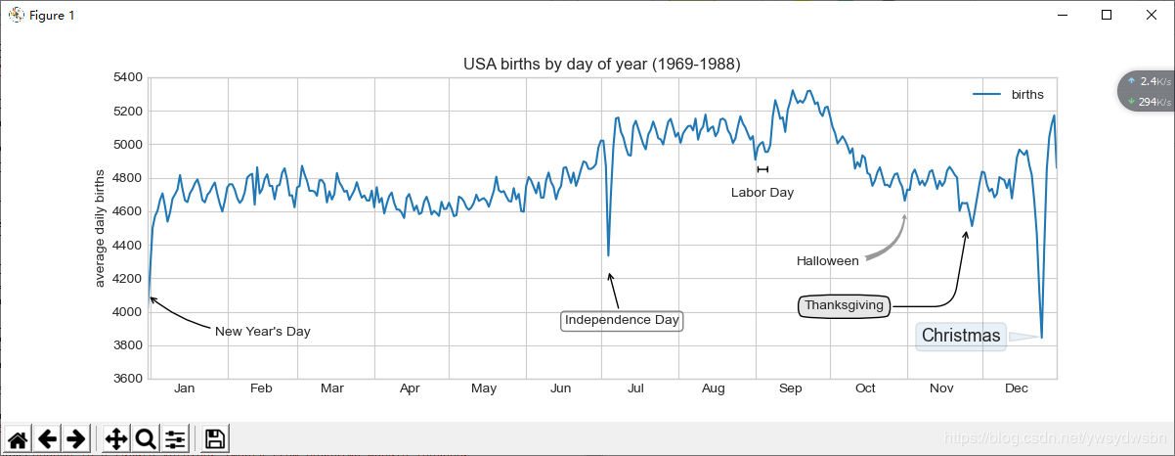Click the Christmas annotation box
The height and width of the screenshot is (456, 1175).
pos(961,337)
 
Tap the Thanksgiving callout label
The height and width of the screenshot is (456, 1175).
pos(845,306)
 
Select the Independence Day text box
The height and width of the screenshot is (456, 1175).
pos(622,320)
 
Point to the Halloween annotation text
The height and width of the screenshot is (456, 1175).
pos(827,261)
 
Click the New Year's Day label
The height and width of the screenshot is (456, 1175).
pos(262,332)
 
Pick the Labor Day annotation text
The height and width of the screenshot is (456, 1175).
pos(762,193)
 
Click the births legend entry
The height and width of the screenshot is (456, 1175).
pos(1026,95)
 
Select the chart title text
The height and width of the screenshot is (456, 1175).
pos(601,64)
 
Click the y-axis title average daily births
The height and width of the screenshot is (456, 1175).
pos(100,228)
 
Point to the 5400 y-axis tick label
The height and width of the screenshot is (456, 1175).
pos(127,77)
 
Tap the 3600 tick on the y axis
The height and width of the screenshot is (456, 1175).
pos(127,379)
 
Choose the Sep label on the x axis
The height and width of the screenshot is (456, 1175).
pos(790,389)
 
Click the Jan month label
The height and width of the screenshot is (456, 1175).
pos(185,389)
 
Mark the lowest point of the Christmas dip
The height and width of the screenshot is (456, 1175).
pos(1042,338)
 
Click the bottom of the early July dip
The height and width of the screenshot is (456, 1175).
pos(608,255)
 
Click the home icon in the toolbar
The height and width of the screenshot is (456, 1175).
pos(18,439)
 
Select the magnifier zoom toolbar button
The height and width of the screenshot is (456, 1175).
pos(146,439)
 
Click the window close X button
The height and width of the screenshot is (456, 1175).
pos(1151,15)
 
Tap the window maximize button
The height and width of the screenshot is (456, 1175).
pos(1107,15)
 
